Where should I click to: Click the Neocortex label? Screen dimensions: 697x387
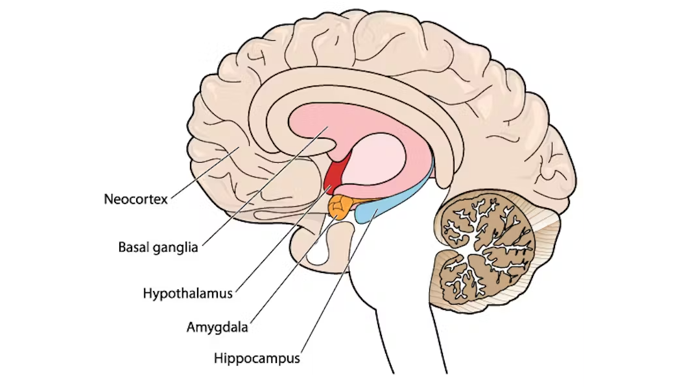pos(136,199)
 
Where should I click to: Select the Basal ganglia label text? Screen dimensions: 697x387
pos(158,247)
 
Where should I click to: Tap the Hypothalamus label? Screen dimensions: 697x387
pos(187,293)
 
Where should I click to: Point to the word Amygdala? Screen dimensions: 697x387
pos(217,327)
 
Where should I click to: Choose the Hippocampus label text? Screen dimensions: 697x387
pos(257,358)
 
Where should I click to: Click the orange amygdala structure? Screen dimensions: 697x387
pos(340,207)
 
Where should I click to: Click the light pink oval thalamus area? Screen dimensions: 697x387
pos(373,160)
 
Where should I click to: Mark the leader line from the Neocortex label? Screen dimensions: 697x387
pos(205,172)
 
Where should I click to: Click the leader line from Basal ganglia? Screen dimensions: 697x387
pos(265,186)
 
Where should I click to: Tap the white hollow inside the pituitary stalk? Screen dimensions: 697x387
pos(321,251)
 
